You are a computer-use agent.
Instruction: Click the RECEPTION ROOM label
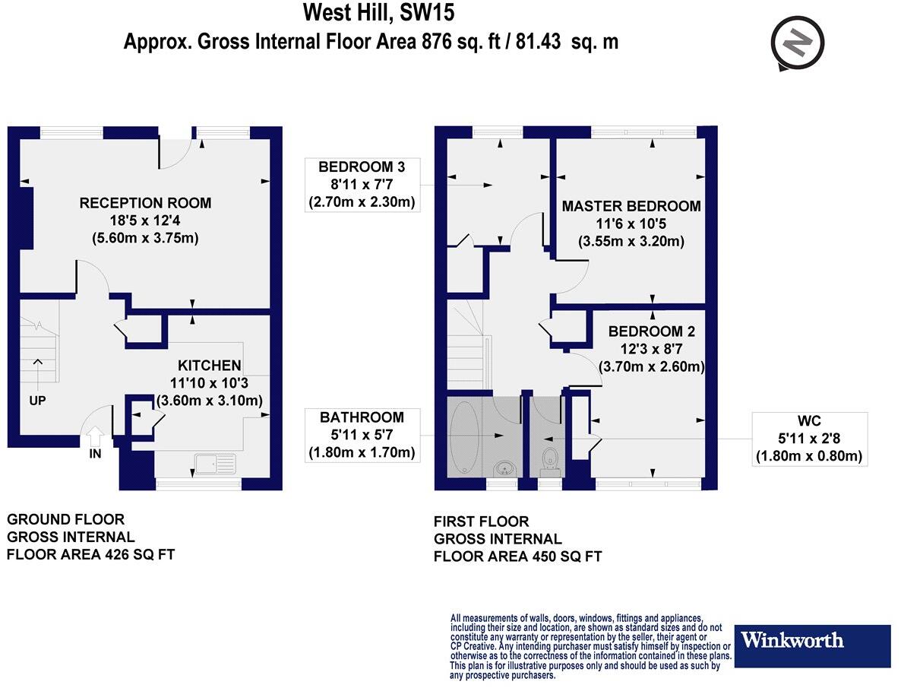click(145, 203)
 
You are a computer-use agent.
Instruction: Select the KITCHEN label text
click(209, 366)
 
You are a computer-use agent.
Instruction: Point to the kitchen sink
click(216, 464)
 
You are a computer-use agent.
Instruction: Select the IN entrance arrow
click(95, 438)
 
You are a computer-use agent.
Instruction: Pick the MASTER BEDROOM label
click(631, 206)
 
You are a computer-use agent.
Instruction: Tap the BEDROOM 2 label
click(651, 332)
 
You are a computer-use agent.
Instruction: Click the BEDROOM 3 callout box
click(362, 185)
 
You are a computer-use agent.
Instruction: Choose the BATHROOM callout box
click(362, 436)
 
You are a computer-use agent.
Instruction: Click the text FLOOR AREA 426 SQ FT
click(90, 554)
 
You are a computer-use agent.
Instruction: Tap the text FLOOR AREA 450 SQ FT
click(517, 556)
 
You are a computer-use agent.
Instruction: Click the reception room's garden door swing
click(175, 154)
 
